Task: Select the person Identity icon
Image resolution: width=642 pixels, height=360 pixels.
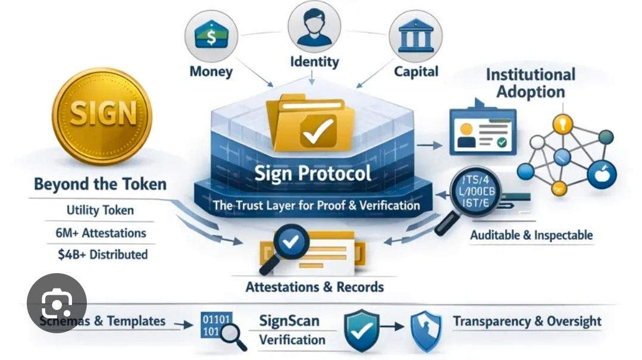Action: (314, 27)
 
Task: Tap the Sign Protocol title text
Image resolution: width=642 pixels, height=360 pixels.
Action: (313, 174)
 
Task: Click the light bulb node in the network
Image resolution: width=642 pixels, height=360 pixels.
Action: (562, 124)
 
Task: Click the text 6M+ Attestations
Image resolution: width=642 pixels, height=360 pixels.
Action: (97, 233)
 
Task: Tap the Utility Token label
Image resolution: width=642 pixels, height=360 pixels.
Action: (100, 210)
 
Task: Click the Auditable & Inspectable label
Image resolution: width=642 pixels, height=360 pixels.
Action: (531, 235)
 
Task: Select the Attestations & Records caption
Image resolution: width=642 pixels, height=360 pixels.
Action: (315, 287)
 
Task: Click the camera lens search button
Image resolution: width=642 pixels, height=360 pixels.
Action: (57, 303)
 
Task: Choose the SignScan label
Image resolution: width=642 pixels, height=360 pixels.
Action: (289, 321)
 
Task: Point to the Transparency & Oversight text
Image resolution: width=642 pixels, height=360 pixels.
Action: (527, 321)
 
